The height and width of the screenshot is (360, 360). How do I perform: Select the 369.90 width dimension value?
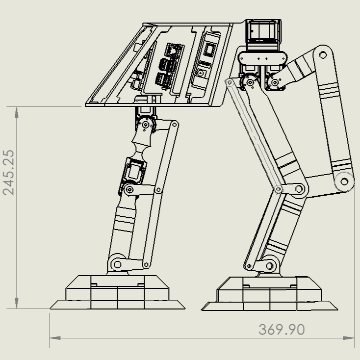coord(282,330)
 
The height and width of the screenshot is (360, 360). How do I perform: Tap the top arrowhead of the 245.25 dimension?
coord(17,112)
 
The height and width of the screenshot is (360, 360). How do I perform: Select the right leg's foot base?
coord(269,294)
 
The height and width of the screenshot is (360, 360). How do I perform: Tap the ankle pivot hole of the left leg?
coord(117,264)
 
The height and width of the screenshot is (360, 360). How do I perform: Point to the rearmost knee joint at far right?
coord(344,181)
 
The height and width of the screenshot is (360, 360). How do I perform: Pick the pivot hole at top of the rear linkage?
coord(323,54)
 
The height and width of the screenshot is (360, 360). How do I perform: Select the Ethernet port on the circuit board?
coord(173,50)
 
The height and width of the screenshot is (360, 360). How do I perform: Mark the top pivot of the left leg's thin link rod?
coord(173,125)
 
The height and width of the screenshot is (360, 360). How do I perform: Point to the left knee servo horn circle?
coord(129,189)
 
